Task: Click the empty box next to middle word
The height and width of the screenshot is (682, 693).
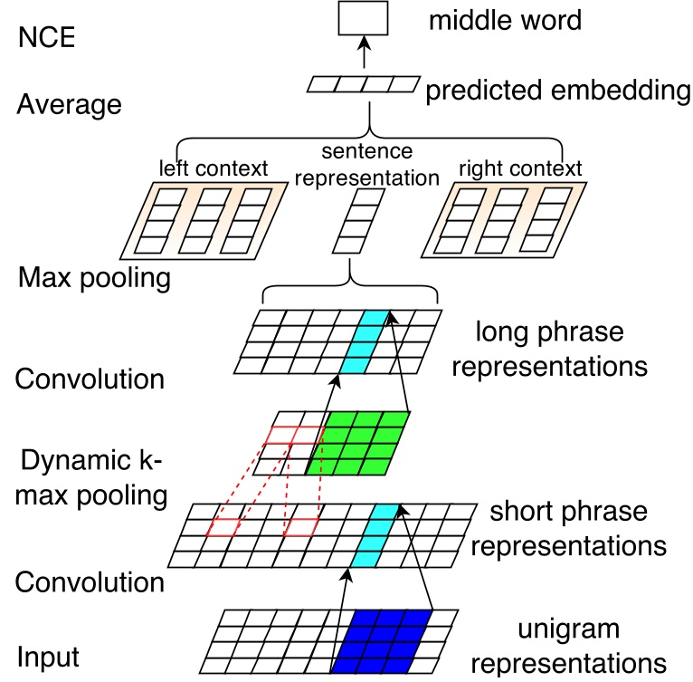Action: pyautogui.click(x=362, y=18)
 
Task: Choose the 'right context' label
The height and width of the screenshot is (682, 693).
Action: pyautogui.click(x=520, y=168)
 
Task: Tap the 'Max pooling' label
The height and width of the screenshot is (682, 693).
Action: pyautogui.click(x=94, y=277)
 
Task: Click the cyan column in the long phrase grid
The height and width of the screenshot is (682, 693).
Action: pyautogui.click(x=364, y=341)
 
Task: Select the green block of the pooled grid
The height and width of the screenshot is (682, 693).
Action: pyautogui.click(x=357, y=444)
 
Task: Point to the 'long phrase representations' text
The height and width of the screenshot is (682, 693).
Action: pyautogui.click(x=562, y=350)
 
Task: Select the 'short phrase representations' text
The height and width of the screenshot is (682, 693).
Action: pyautogui.click(x=577, y=529)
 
